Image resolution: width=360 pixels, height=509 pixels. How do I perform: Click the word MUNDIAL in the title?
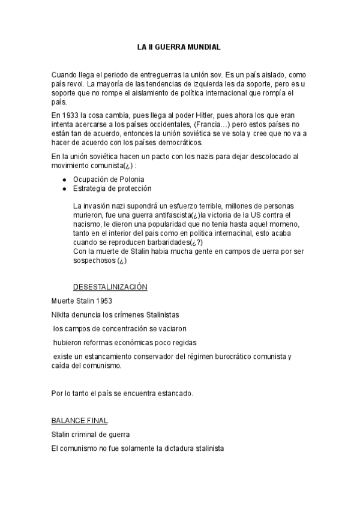click(x=205, y=46)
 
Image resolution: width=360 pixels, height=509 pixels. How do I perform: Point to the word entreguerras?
click(x=165, y=73)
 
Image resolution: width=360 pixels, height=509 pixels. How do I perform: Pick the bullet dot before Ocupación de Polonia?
click(x=64, y=179)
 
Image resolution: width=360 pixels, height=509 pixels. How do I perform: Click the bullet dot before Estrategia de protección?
click(x=64, y=188)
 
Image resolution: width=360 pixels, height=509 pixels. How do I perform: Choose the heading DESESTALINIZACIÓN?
click(x=110, y=288)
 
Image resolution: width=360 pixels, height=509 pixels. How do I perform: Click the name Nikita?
click(x=62, y=315)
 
